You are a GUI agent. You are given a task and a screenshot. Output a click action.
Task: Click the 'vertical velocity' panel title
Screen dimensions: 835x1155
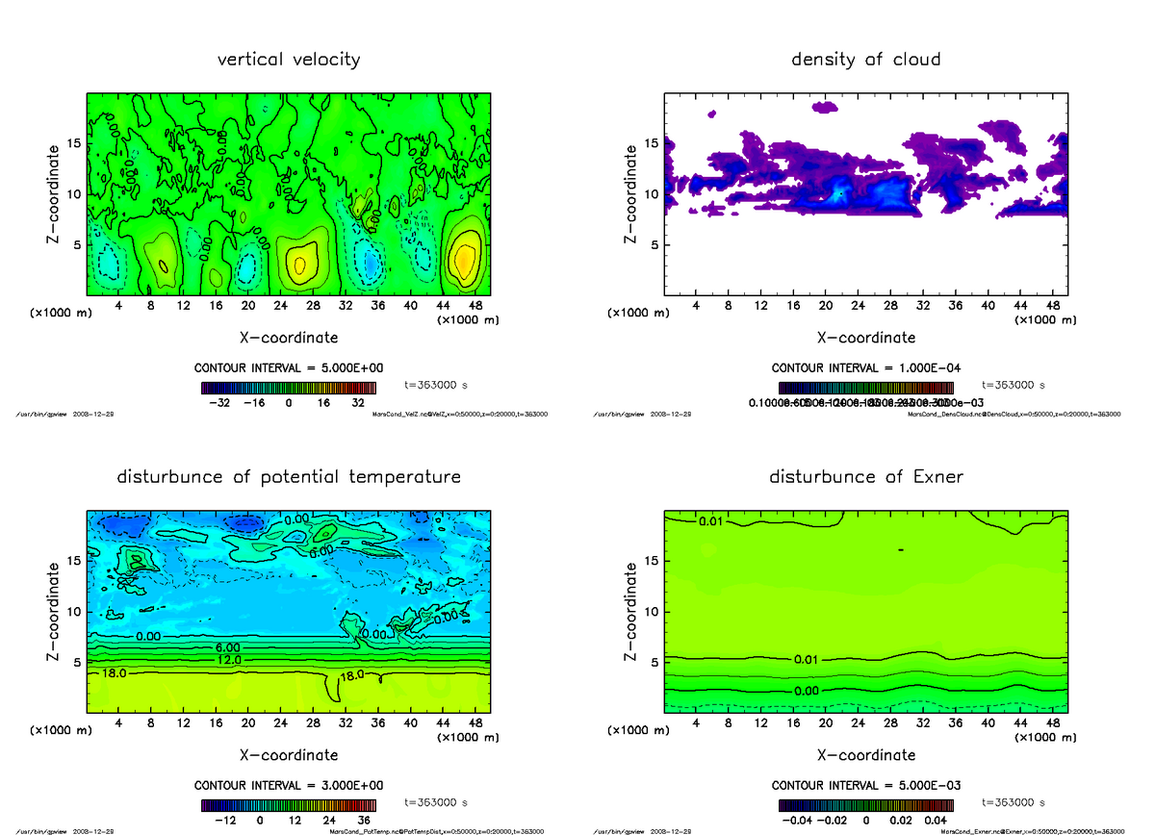tap(289, 60)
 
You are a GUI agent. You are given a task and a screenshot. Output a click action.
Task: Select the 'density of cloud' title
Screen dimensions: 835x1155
tap(865, 60)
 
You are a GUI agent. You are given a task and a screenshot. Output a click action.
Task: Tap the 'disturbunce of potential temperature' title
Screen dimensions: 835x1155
tap(289, 477)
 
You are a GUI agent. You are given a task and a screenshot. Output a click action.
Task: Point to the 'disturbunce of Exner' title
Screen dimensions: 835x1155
tap(865, 477)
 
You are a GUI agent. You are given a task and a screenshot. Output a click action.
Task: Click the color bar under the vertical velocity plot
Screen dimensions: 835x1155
tap(289, 388)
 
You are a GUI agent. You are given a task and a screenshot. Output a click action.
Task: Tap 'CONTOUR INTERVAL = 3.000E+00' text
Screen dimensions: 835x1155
tap(289, 784)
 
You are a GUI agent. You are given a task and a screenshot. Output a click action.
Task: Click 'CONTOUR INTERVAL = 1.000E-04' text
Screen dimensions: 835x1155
tap(865, 368)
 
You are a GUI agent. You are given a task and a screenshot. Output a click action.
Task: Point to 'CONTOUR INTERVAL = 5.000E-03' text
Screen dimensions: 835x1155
tap(865, 784)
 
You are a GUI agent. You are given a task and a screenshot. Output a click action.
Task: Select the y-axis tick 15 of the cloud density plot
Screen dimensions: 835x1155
tap(652, 143)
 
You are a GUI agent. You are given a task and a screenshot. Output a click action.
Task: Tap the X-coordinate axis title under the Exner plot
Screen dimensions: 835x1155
tap(865, 755)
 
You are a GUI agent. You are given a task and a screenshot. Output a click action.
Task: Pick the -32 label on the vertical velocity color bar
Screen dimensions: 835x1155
tap(226, 404)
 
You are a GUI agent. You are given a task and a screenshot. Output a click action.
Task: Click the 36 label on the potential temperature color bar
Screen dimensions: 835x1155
tap(364, 820)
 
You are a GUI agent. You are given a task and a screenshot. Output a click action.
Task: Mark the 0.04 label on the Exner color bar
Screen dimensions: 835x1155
tap(937, 820)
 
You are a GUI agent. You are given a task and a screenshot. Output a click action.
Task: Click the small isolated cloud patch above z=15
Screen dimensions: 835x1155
tap(825, 108)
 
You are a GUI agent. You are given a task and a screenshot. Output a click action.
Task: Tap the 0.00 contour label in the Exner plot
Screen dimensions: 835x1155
tap(807, 692)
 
